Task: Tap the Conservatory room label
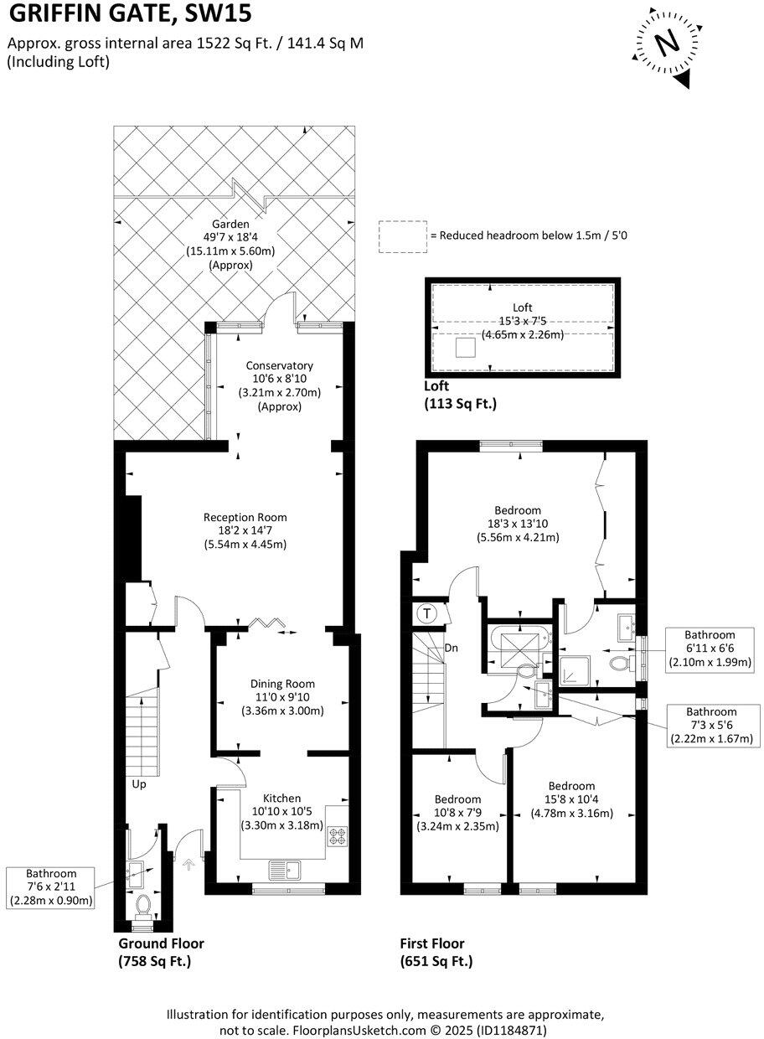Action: [279, 385]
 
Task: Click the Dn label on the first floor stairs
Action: [451, 648]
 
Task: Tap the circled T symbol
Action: [427, 613]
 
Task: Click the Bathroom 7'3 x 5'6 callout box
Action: [710, 725]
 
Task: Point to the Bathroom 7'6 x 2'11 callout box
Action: [50, 887]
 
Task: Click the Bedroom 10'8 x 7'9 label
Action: [457, 812]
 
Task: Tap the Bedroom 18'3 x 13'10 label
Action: [518, 524]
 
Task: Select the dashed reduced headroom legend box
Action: [402, 236]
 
